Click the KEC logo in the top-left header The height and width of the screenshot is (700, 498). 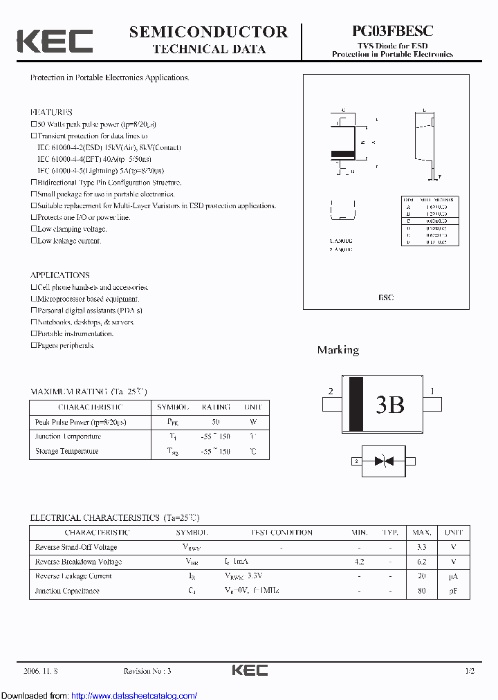tap(55, 41)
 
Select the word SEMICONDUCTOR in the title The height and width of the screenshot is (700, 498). tap(208, 32)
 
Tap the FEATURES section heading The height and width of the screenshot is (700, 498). tap(51, 112)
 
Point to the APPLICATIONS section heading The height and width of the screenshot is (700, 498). tap(59, 275)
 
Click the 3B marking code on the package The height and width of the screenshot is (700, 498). tap(389, 405)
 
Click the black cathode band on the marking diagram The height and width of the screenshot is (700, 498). tap(356, 405)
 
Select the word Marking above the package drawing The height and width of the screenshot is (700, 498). tap(338, 350)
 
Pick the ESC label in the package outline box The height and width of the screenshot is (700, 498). tap(385, 297)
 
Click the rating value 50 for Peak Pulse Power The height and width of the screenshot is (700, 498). tap(215, 422)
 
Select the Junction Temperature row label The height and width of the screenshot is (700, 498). tap(68, 436)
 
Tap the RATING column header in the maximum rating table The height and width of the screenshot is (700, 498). tap(215, 407)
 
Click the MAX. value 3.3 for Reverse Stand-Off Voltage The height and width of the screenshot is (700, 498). tap(421, 547)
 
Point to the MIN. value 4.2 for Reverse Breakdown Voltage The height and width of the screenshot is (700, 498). tap(359, 562)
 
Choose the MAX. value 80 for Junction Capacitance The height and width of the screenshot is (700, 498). tap(421, 591)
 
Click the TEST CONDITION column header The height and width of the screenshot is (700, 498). tap(282, 533)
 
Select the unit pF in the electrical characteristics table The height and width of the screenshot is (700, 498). tap(454, 591)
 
